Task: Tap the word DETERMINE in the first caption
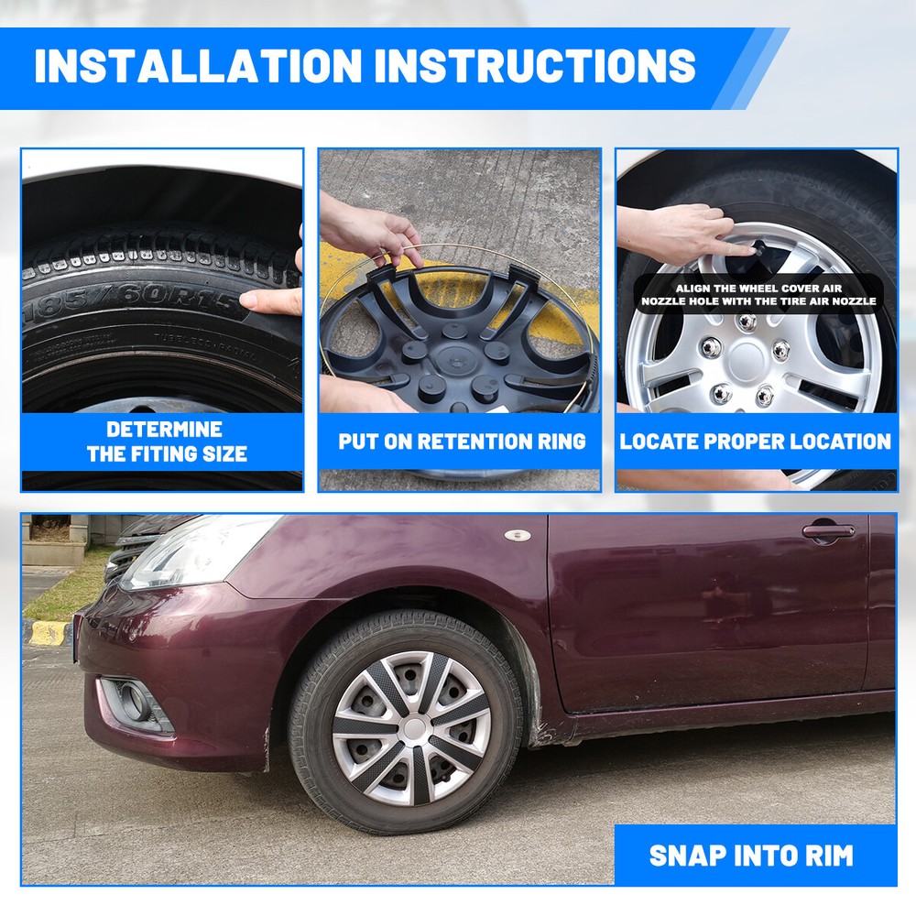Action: (164, 430)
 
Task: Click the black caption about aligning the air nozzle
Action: (758, 294)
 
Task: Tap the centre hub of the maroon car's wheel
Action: (414, 728)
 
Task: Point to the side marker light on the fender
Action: (518, 535)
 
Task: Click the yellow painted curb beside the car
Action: (49, 633)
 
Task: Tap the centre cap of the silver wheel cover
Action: (746, 361)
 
